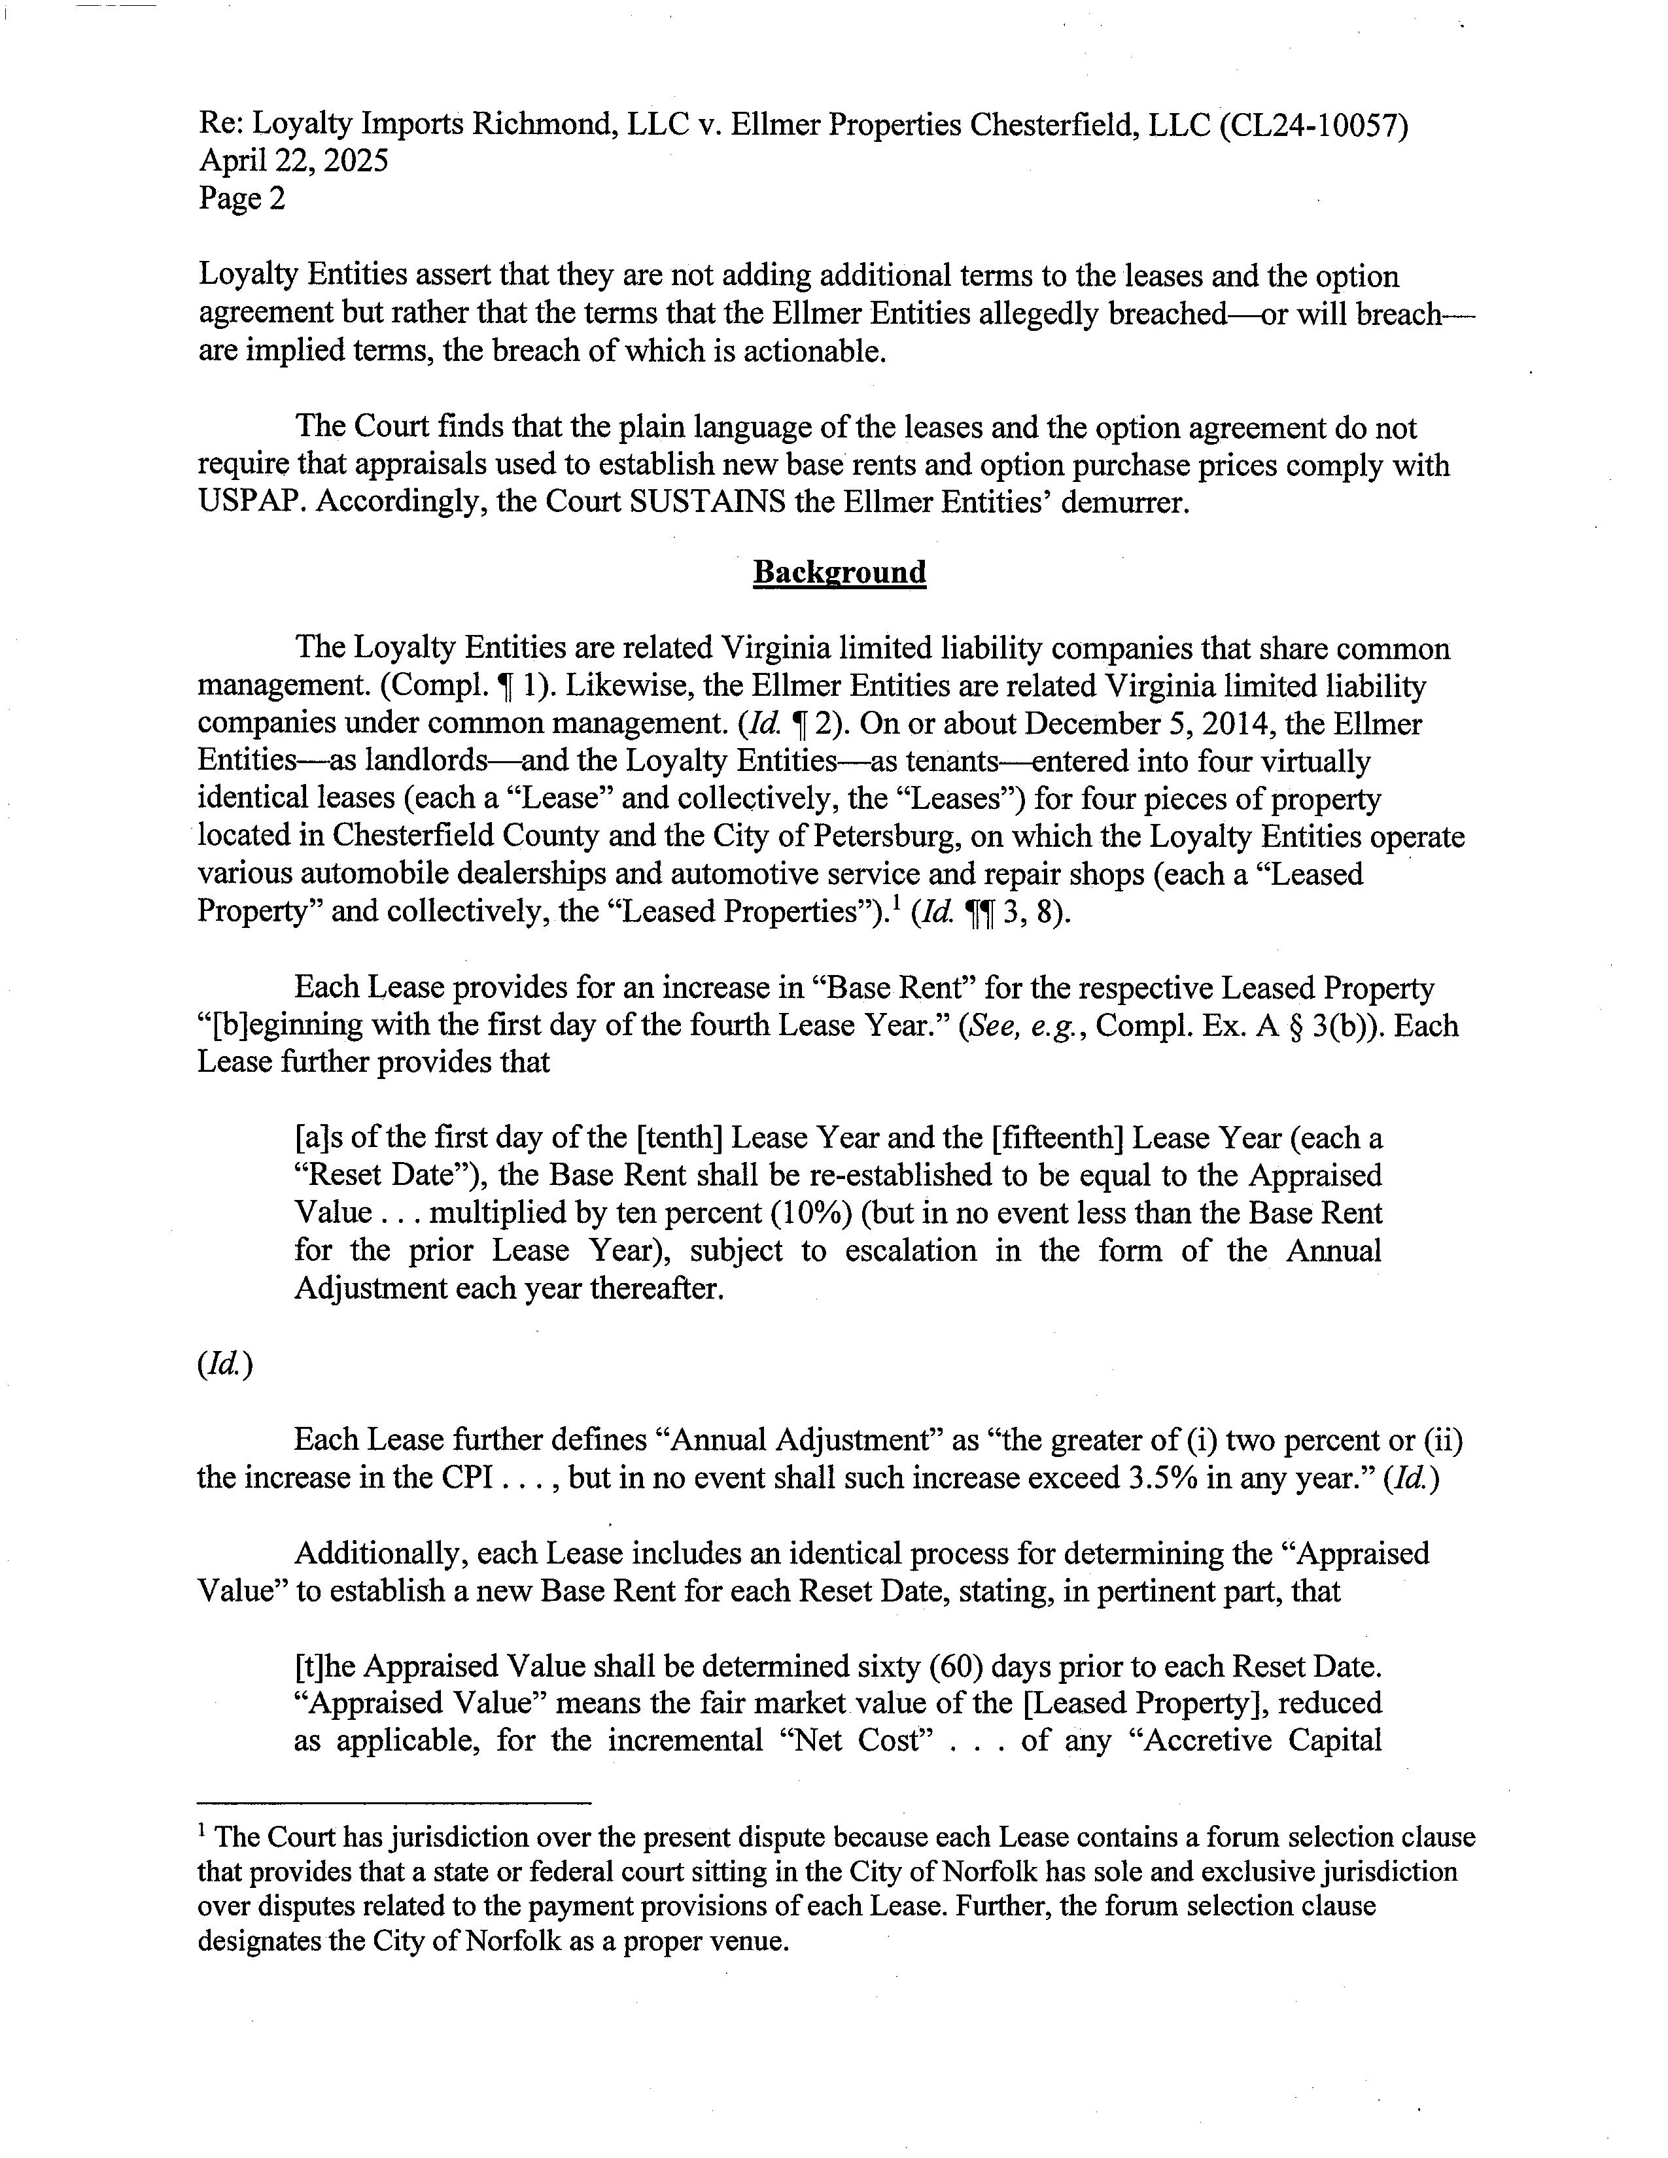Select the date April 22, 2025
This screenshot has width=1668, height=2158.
coord(294,161)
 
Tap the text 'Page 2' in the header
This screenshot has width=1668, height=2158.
coord(241,199)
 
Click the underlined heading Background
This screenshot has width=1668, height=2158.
coord(839,572)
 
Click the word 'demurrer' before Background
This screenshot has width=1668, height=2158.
coord(1122,503)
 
